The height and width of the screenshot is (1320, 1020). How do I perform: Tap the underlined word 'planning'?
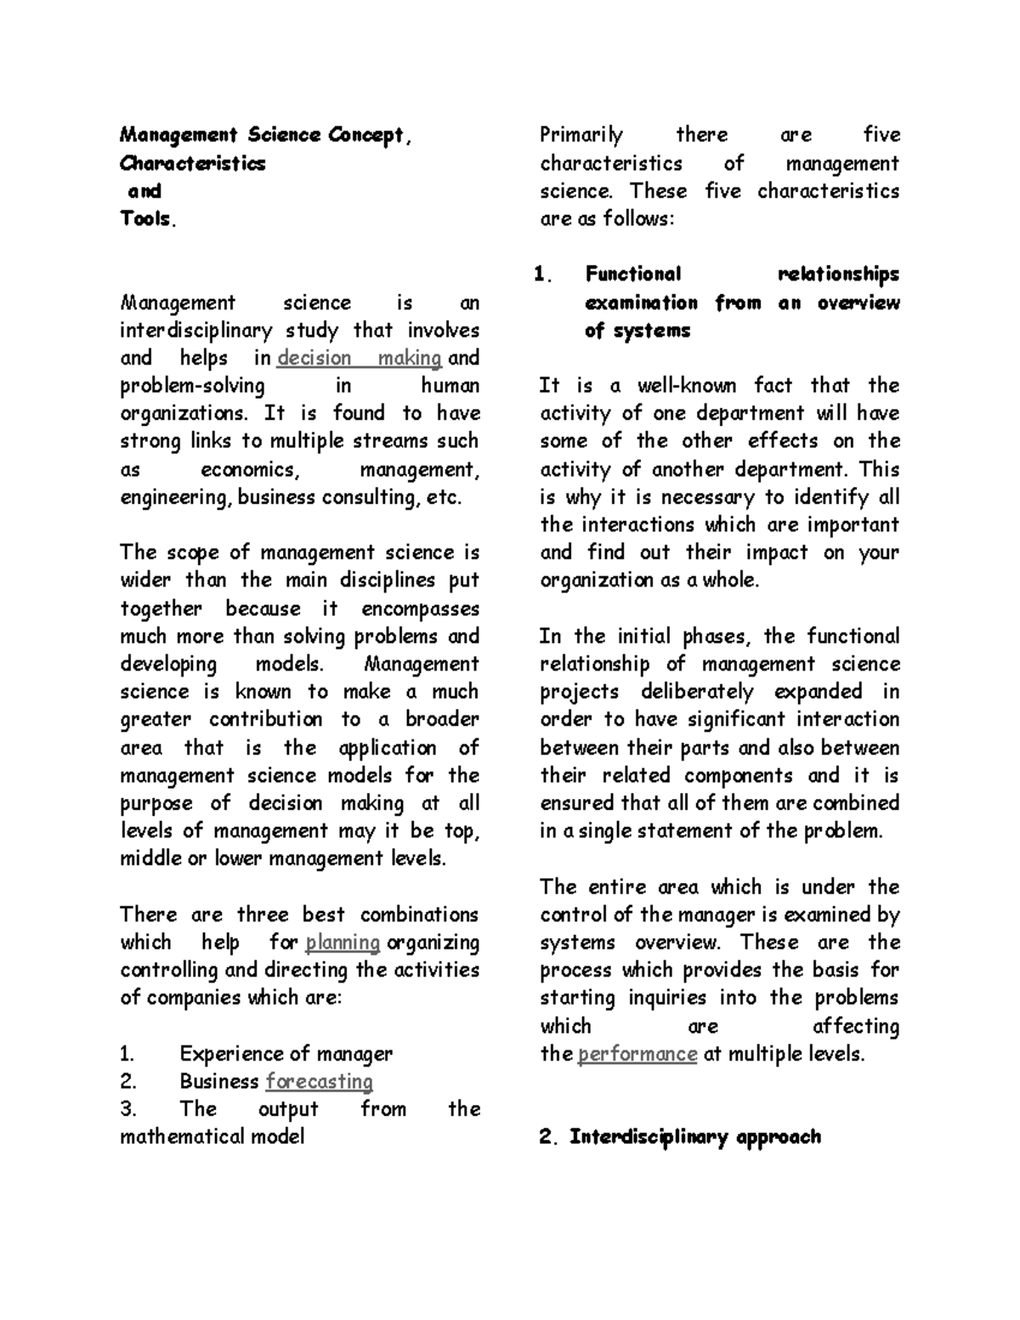point(343,943)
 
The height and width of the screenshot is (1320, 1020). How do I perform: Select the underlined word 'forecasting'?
point(320,1082)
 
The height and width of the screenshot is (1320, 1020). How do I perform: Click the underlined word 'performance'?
point(637,1055)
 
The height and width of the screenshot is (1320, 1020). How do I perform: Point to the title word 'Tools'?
point(147,218)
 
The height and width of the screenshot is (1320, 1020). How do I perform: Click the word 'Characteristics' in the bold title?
point(192,163)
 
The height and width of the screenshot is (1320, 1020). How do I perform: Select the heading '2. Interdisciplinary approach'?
point(681,1137)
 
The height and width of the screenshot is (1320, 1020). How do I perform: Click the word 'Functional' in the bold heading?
point(633,275)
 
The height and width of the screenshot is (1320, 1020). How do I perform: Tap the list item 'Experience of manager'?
point(286,1054)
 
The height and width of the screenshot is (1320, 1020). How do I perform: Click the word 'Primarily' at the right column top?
point(581,135)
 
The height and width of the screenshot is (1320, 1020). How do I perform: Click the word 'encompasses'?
point(420,609)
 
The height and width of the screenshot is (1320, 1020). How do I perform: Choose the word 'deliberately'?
point(697,692)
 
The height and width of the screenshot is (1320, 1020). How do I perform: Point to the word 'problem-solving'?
point(192,386)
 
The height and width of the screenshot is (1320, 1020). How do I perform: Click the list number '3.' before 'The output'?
point(128,1109)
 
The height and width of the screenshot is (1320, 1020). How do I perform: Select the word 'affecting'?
point(856,1027)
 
